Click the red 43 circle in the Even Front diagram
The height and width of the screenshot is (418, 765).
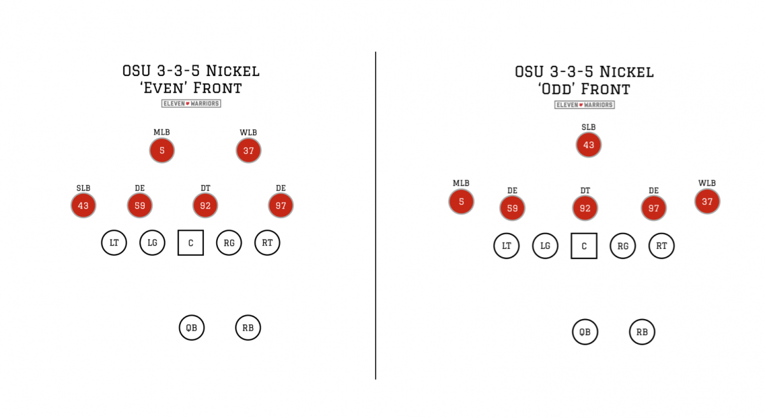pos(84,205)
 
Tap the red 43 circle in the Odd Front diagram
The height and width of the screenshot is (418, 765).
pos(588,145)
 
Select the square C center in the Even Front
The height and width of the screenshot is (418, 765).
pos(191,243)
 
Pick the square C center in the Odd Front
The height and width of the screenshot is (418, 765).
pos(584,246)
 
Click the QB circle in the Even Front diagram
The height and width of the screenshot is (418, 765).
pos(191,328)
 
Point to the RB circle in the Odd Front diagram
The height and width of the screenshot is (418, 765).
pos(642,332)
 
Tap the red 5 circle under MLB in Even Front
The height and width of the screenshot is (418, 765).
pos(162,151)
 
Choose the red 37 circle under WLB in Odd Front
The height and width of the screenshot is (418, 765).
pos(707,201)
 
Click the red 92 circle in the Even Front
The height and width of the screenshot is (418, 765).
pos(205,205)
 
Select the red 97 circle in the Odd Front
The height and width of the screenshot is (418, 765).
pos(653,208)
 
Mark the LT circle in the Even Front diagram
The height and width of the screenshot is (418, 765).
pos(114,243)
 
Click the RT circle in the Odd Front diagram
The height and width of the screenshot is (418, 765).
pos(662,246)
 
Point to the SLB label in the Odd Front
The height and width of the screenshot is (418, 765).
pos(588,127)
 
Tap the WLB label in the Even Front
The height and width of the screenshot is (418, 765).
pos(248,133)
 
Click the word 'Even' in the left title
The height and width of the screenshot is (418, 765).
pos(163,88)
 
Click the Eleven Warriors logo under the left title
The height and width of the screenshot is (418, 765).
pos(191,103)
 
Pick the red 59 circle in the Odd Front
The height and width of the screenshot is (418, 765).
pos(513,208)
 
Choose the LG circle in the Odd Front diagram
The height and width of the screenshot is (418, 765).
pos(545,246)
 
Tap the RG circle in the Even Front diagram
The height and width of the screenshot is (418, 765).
pos(229,243)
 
